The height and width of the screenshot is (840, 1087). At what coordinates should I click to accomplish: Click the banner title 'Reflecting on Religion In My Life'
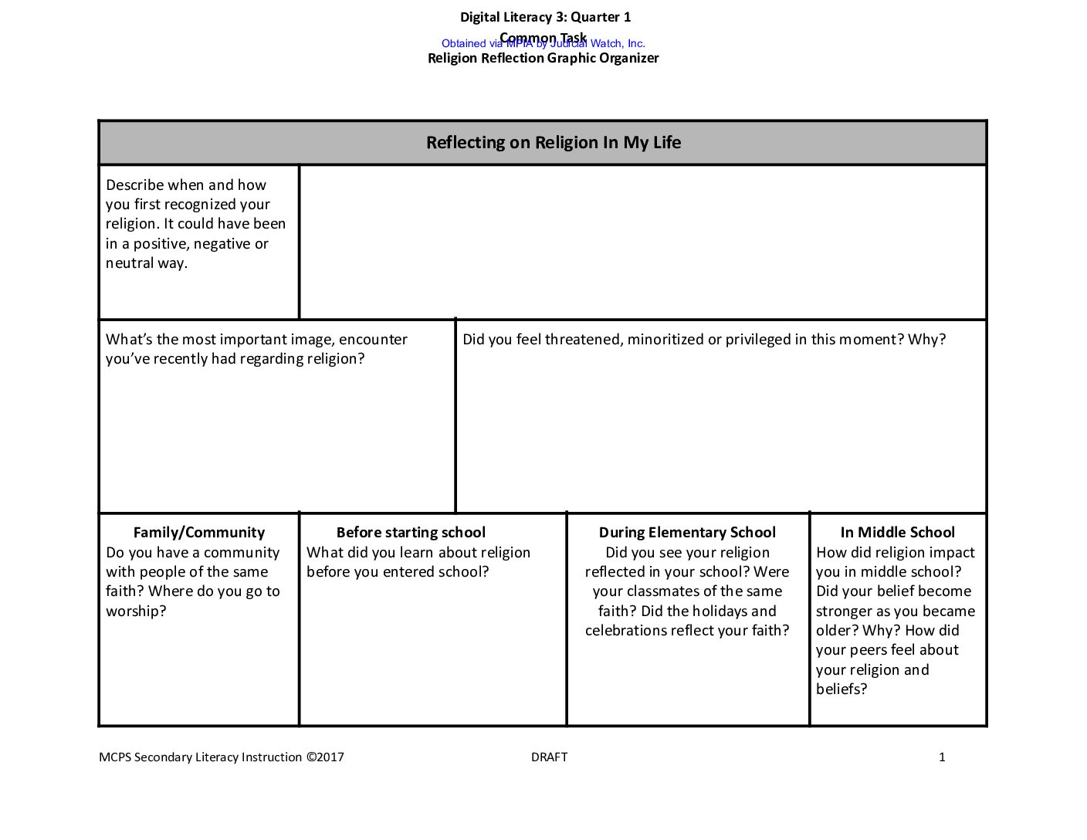point(554,143)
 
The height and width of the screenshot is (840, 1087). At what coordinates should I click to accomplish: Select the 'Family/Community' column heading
point(198,532)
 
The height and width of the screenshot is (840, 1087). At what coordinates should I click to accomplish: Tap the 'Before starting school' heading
point(411,532)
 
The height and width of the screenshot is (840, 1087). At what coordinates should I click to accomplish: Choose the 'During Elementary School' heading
point(687,532)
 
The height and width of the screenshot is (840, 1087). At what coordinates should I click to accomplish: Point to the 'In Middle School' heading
point(897,532)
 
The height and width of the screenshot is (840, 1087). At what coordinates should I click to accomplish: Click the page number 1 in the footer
point(941,757)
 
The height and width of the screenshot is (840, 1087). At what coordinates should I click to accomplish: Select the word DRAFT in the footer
point(549,757)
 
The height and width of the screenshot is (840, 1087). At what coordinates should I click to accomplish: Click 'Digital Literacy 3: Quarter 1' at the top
point(545,17)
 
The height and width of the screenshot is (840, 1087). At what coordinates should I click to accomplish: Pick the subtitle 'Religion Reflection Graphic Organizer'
point(543,58)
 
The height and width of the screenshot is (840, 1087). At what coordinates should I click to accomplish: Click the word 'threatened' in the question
point(583,340)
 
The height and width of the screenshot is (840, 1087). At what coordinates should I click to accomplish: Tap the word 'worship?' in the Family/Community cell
point(136,611)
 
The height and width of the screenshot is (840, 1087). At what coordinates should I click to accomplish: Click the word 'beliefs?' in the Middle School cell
point(841,689)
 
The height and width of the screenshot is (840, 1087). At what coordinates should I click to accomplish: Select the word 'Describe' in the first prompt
point(134,185)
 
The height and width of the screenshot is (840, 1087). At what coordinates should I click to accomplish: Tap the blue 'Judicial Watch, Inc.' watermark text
point(598,43)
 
